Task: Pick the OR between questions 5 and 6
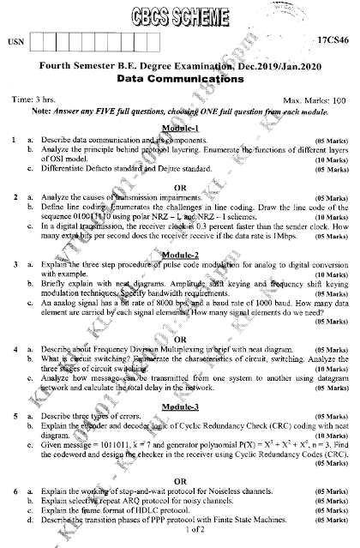click(180, 479)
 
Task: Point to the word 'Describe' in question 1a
click(57, 138)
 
